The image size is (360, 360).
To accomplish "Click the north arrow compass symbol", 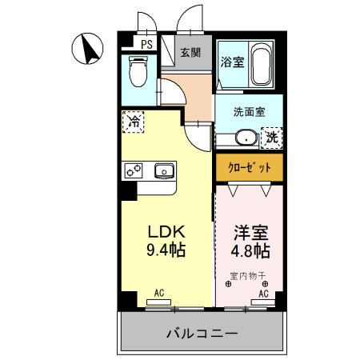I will [88, 50].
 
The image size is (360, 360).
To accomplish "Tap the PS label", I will [146, 45].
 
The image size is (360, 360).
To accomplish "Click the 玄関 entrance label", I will [190, 53].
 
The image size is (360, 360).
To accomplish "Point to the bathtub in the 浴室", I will [261, 66].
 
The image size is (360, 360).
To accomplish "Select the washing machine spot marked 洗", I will [273, 137].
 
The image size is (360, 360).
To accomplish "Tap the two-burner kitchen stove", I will [133, 170].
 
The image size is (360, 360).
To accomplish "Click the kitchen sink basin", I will [164, 170].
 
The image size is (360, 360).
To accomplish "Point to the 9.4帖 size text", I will [165, 250].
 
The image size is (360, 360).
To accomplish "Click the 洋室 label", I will [248, 233].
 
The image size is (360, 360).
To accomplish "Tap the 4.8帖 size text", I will [248, 250].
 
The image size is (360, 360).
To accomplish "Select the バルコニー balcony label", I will [202, 333].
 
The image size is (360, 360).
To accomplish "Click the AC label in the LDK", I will [158, 294].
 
